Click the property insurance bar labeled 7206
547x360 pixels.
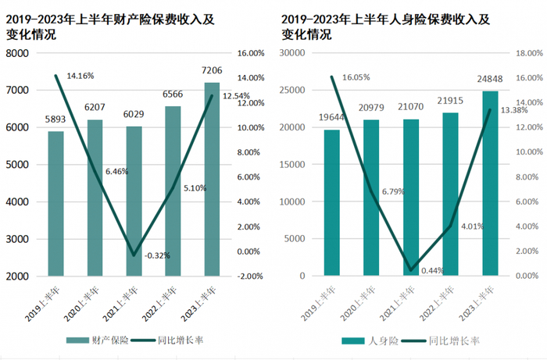[x=212, y=179]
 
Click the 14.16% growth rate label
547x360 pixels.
[x=80, y=76]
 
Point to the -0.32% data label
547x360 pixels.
[x=157, y=255]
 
